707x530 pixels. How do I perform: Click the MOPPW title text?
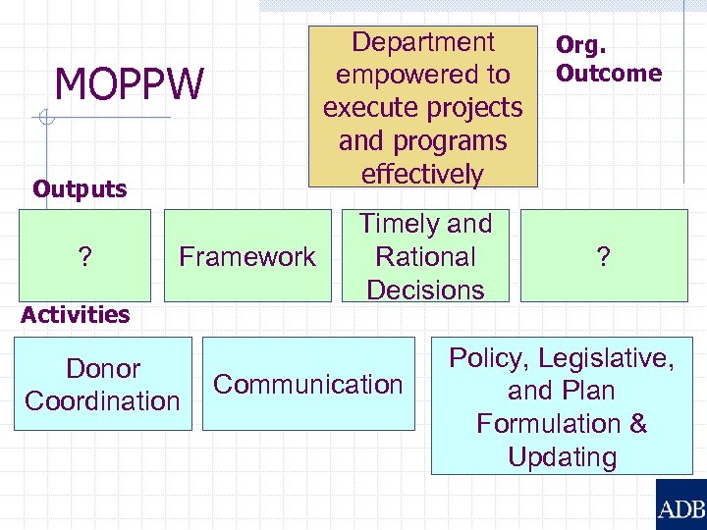point(129,84)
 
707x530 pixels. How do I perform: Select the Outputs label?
point(80,189)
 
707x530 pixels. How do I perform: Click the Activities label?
point(76,315)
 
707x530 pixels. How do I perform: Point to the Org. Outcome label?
point(608,60)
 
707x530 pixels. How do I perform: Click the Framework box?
point(246,257)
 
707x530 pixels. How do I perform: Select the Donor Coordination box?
point(103,385)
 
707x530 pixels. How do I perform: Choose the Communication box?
point(308,385)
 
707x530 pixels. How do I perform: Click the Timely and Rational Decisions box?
point(425,257)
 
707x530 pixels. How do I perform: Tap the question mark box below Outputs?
point(84,257)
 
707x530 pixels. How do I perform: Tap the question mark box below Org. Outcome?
point(603,257)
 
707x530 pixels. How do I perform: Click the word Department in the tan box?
point(423,42)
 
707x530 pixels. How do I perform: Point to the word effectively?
point(423,175)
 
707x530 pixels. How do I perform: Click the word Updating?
point(562,457)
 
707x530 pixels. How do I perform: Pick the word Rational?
point(425,257)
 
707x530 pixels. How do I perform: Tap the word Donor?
point(103,369)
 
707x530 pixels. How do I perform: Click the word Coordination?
point(103,401)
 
